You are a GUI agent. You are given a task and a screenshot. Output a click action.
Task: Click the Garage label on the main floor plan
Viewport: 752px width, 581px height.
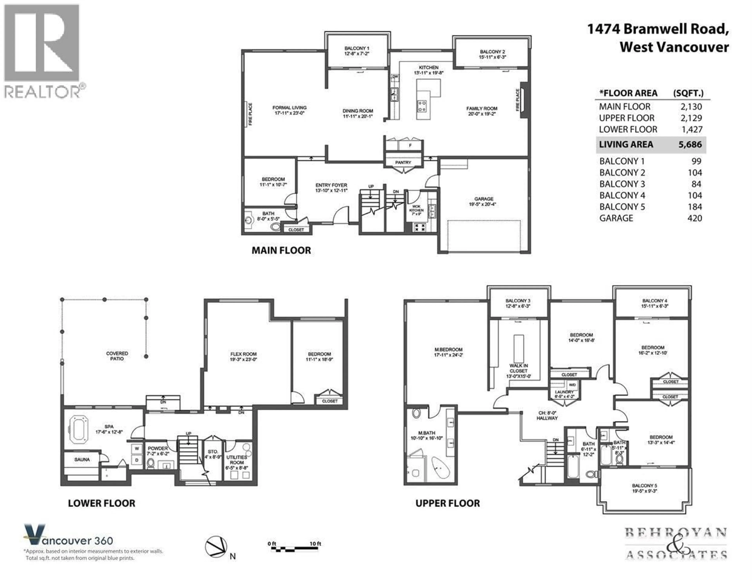[x=484, y=199]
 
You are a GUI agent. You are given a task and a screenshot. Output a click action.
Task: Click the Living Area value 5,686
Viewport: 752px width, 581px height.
[x=690, y=144]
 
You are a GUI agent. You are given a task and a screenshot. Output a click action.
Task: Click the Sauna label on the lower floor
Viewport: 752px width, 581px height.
[x=82, y=459]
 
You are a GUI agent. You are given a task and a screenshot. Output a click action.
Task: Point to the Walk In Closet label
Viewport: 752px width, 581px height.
[x=519, y=371]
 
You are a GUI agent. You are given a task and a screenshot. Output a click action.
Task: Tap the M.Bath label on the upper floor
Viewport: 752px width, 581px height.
[x=427, y=433]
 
